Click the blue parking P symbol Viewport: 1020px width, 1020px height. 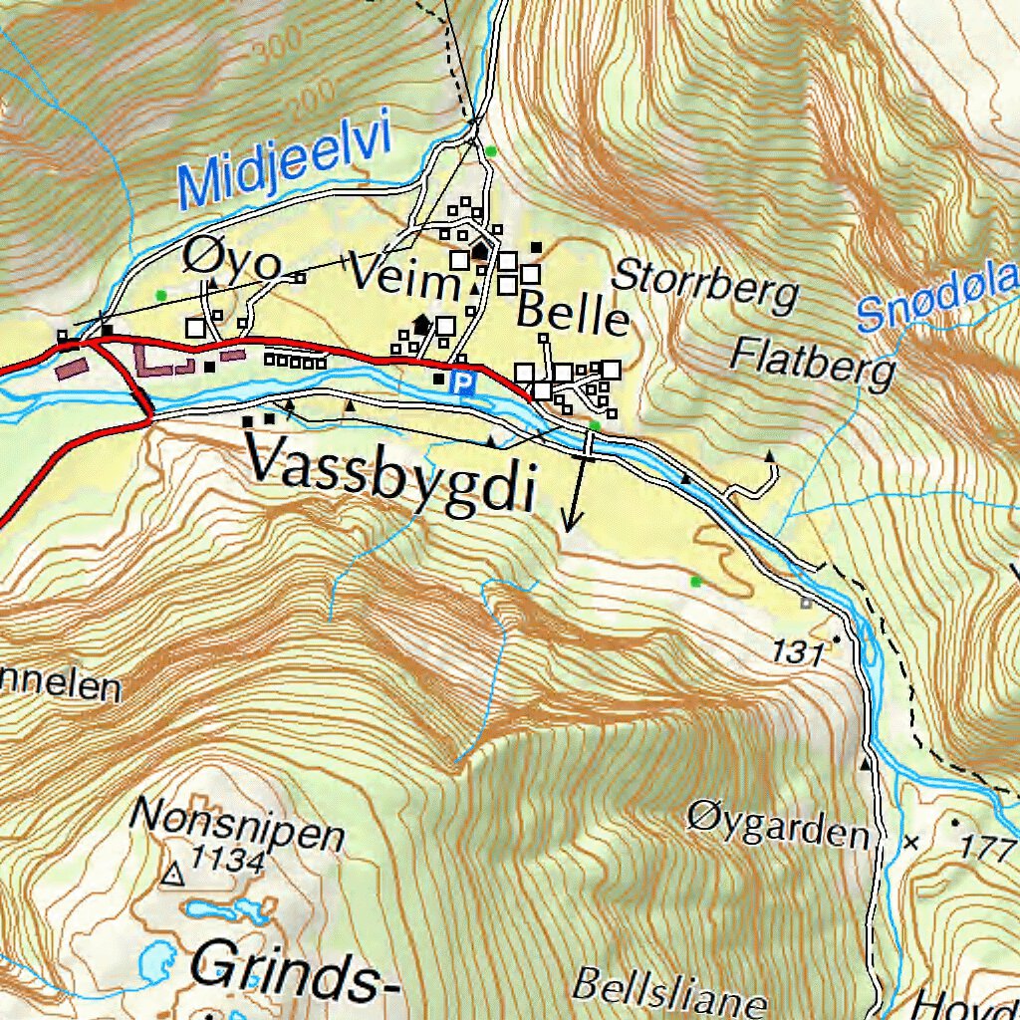point(462,382)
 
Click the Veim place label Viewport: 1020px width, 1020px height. point(402,282)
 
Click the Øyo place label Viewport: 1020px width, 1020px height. point(232,262)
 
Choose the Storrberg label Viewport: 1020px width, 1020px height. point(705,286)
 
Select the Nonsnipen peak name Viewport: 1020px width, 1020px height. point(237,826)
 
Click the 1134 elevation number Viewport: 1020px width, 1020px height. point(228,861)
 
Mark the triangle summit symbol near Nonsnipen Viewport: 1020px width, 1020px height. point(173,876)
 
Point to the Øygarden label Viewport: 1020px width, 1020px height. point(777,825)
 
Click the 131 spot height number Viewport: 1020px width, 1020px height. point(799,653)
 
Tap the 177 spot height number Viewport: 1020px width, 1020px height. point(986,848)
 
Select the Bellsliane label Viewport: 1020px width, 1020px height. point(669,990)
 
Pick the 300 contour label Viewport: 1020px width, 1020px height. point(279,45)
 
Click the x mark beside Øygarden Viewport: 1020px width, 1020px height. point(910,843)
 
